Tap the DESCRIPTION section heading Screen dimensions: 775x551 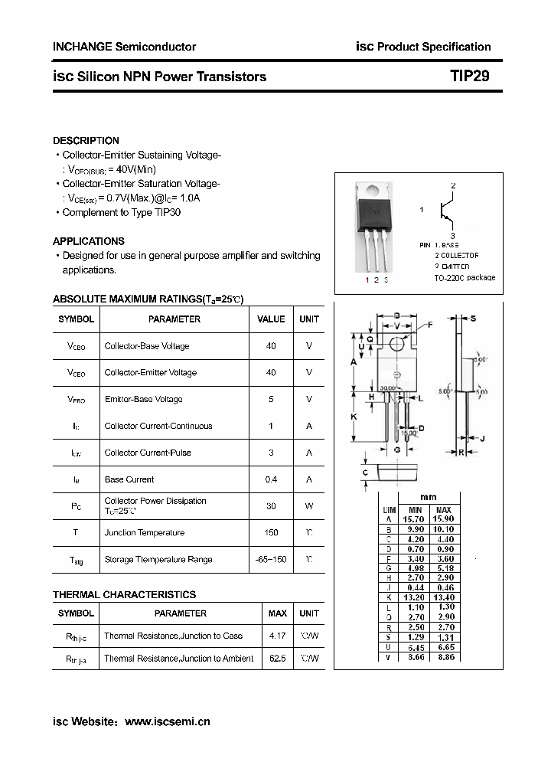click(x=86, y=141)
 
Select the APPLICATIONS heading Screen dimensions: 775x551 click(x=89, y=241)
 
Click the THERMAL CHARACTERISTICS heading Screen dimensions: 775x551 click(x=124, y=594)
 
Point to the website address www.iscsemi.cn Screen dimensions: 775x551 click(x=167, y=721)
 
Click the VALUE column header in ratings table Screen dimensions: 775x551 click(x=271, y=319)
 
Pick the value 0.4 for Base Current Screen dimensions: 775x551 click(x=271, y=479)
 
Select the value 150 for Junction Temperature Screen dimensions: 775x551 click(x=271, y=533)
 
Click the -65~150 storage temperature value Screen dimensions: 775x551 click(x=271, y=560)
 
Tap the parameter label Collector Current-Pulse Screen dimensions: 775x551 click(x=148, y=453)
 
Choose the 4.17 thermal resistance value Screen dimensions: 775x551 click(x=277, y=636)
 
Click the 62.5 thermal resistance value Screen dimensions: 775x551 click(x=277, y=659)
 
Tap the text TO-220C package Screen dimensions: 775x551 click(x=465, y=277)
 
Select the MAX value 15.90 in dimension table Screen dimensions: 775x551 click(x=443, y=519)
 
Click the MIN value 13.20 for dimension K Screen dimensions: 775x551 click(x=415, y=597)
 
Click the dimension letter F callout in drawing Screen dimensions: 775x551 click(x=430, y=325)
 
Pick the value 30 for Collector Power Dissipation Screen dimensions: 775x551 click(x=271, y=505)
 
